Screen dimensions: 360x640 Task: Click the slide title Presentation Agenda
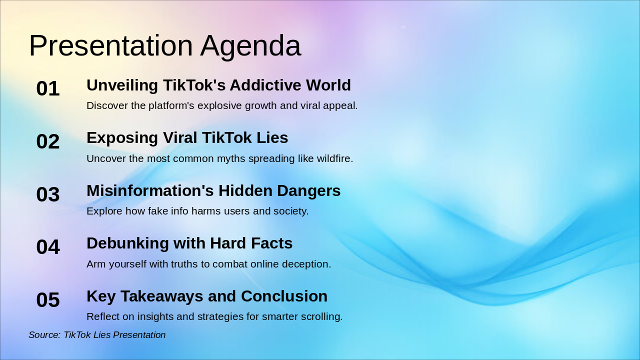click(165, 45)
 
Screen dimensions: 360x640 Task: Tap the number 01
click(48, 88)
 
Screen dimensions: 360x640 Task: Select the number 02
click(48, 141)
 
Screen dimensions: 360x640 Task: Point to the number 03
click(48, 194)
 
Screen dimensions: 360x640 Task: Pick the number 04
click(48, 247)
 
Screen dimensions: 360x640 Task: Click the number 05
click(48, 300)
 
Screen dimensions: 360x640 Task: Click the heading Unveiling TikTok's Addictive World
click(218, 85)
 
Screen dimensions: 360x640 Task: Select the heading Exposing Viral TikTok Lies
click(187, 138)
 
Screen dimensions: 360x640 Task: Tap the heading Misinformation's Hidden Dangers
click(213, 191)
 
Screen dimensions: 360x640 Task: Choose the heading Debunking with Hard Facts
click(189, 243)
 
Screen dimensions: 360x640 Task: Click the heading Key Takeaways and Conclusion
click(207, 296)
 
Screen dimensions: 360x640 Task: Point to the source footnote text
click(97, 335)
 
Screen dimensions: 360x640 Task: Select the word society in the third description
click(290, 211)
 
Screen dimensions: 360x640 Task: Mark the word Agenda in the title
click(250, 46)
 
